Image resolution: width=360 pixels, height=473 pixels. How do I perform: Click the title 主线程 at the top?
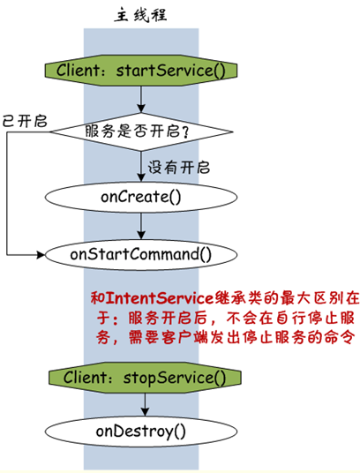140,15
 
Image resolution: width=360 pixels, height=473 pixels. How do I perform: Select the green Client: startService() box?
141,71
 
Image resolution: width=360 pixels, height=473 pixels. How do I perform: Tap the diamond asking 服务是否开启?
141,131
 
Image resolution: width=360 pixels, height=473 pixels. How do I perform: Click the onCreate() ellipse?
141,197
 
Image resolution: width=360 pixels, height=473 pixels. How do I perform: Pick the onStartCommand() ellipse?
141,254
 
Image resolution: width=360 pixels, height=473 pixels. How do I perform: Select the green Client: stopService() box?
145,378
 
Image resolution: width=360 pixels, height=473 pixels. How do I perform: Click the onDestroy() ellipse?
141,432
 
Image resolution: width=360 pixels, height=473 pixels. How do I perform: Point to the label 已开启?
25,121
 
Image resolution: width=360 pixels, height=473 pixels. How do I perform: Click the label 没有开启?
178,167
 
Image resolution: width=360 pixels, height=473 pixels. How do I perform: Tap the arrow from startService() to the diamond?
141,100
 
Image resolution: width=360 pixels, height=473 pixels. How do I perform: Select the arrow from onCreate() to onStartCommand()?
141,226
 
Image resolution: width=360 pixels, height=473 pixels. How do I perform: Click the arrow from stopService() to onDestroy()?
145,404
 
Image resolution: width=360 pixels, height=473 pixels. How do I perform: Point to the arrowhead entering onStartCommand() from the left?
41,255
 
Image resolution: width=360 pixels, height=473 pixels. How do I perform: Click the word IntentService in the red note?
160,298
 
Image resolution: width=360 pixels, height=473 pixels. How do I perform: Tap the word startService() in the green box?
170,71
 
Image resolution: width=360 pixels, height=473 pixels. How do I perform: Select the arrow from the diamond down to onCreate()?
141,166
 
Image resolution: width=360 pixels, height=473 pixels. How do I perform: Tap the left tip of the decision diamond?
49,131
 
